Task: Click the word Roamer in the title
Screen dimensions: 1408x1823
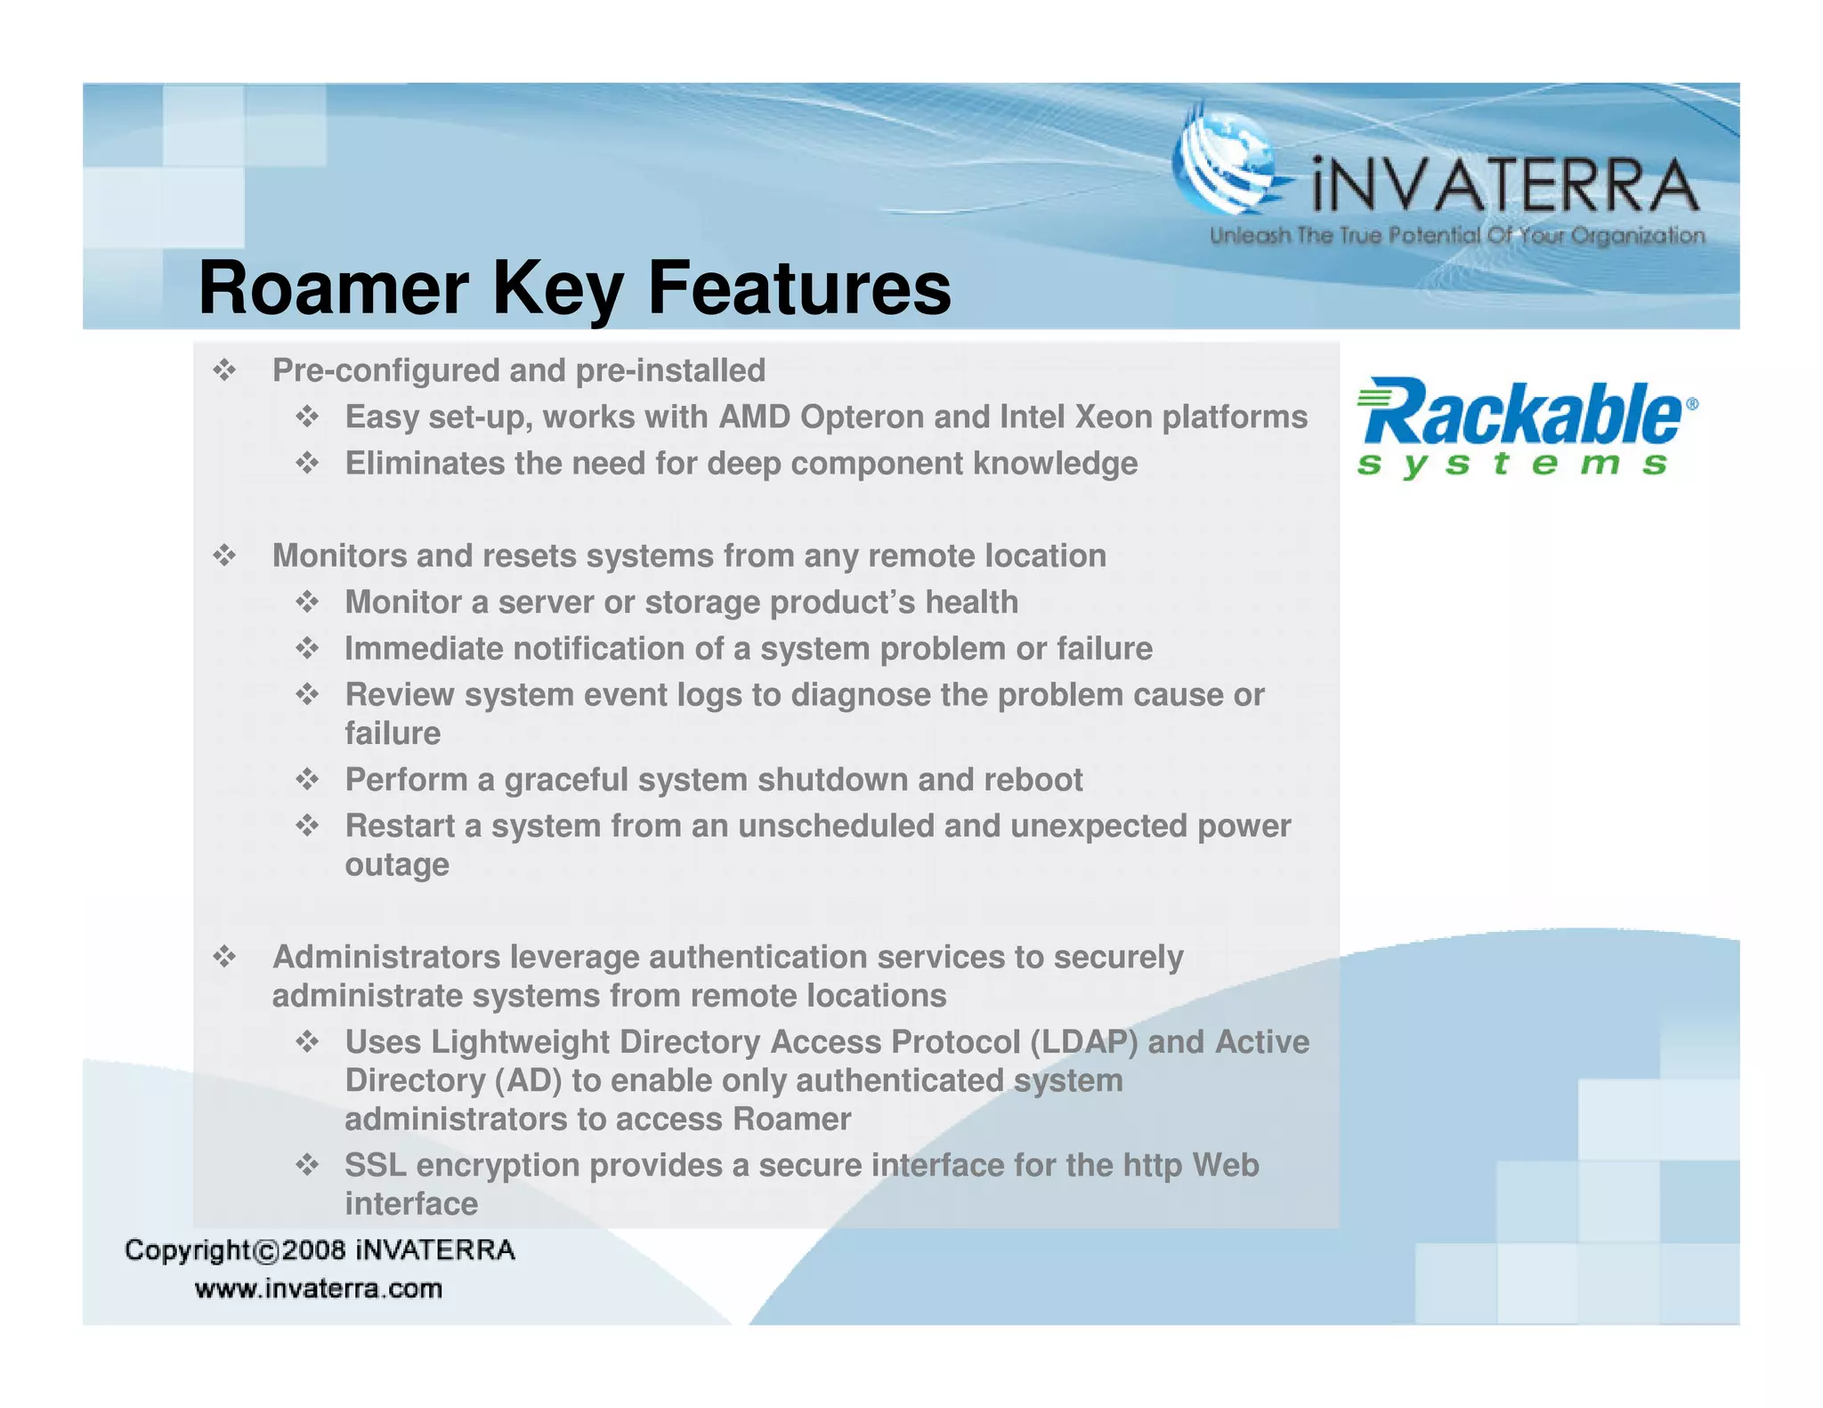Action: [333, 288]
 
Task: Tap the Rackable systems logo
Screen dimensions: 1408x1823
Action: [1525, 427]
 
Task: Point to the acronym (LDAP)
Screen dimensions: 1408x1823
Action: [1083, 1041]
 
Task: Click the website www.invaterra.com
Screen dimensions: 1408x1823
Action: [319, 1289]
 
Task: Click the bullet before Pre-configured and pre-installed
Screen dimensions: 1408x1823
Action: [224, 370]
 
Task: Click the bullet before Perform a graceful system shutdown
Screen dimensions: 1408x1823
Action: [307, 780]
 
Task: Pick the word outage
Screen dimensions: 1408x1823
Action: [397, 865]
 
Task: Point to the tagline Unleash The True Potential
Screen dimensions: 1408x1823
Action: [1456, 236]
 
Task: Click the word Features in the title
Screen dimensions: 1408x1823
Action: [798, 288]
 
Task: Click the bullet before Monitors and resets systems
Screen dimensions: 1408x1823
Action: [224, 556]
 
